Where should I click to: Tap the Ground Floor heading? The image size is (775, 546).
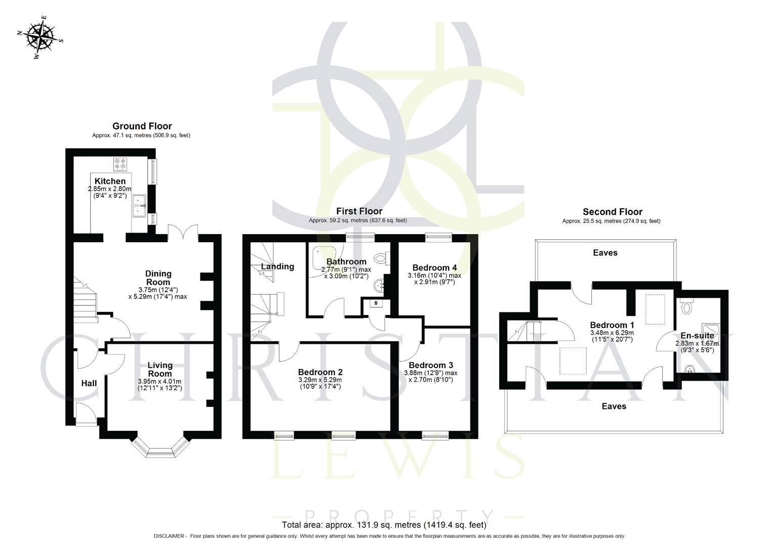[x=142, y=126]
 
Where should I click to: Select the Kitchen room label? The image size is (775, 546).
[x=110, y=181]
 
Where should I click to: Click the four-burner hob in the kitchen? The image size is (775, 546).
[x=121, y=164]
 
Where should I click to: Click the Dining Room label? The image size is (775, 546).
[x=158, y=278]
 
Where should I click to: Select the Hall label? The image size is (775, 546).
[x=89, y=383]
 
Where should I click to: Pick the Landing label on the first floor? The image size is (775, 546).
[x=277, y=266]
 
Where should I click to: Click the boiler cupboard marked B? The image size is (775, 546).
[x=376, y=303]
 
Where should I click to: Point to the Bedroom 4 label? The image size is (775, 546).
[x=435, y=267]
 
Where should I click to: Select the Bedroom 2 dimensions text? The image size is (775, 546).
[x=320, y=383]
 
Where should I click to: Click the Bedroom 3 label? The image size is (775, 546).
[x=430, y=365]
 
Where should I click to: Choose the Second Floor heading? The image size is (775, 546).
[x=612, y=212]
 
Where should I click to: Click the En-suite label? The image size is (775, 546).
[x=697, y=336]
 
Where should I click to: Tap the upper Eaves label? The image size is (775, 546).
[x=605, y=253]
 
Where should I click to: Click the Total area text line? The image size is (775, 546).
[x=384, y=525]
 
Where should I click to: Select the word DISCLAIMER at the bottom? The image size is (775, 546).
[x=170, y=536]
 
